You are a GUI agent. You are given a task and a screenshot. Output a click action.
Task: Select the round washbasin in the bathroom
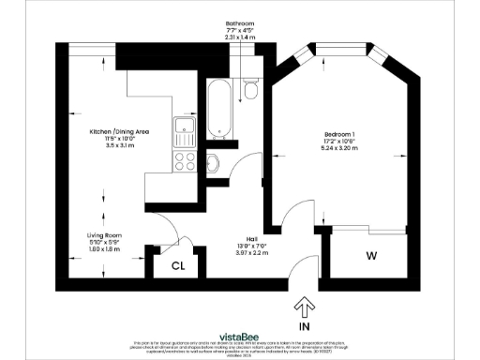pyautogui.click(x=212, y=163)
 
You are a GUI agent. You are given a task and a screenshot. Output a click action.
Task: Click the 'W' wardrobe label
pyautogui.click(x=372, y=255)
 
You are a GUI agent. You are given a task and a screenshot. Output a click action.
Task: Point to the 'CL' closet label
pyautogui.click(x=177, y=265)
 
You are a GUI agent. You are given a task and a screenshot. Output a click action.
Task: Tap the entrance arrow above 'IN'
pyautogui.click(x=304, y=306)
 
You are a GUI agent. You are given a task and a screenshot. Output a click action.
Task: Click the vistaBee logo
pyautogui.click(x=240, y=335)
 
